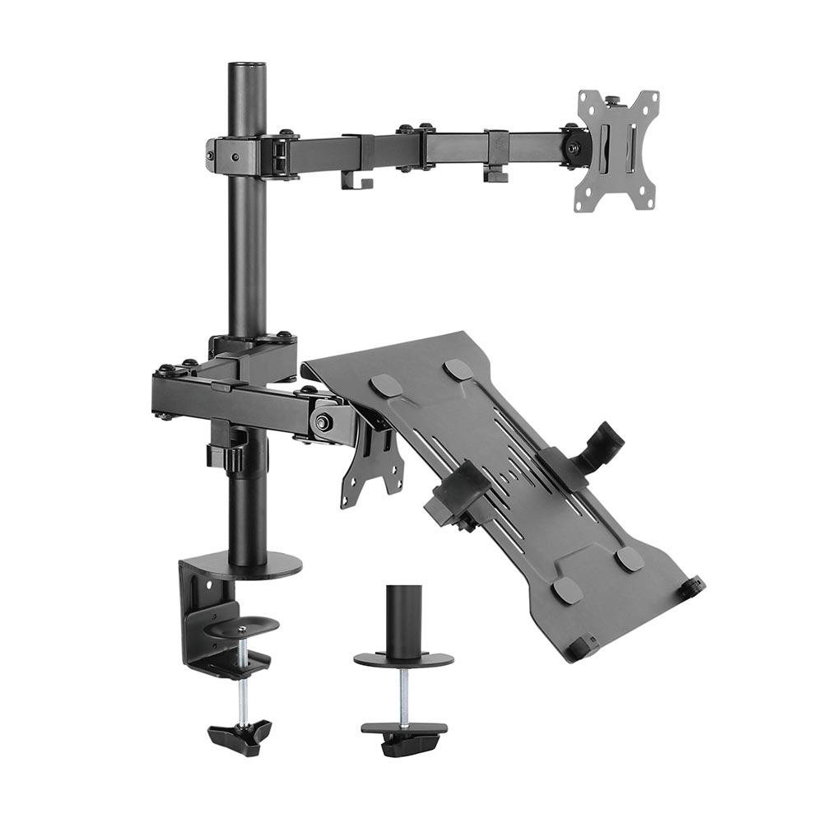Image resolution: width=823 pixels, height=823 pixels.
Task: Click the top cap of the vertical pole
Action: [248, 67]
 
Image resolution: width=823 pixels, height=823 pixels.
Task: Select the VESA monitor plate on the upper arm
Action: [618, 149]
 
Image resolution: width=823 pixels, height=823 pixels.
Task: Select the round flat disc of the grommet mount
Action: [404, 659]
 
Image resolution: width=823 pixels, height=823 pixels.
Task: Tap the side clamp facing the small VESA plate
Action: [455, 494]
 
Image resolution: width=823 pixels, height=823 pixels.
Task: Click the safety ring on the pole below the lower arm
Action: [228, 455]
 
